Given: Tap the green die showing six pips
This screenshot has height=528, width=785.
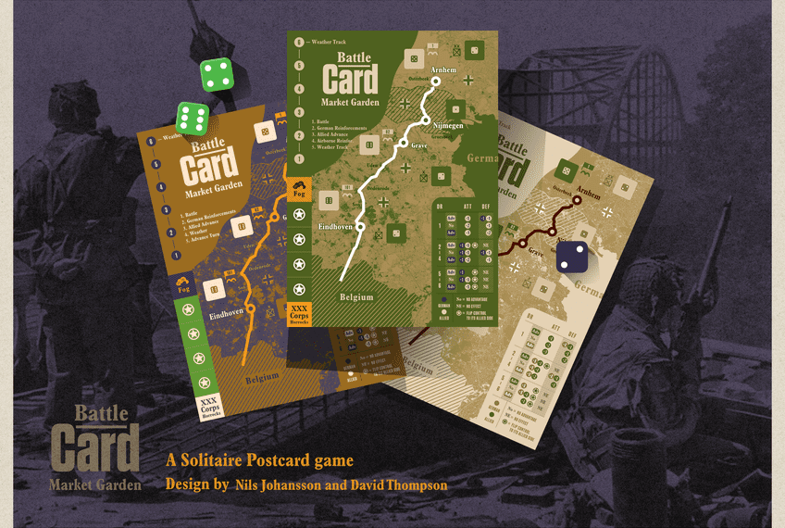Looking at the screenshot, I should (193, 119).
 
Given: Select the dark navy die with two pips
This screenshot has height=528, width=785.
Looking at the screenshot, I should (571, 257).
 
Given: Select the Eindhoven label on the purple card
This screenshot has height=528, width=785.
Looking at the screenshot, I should (227, 315).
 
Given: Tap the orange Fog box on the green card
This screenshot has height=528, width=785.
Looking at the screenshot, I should (299, 190).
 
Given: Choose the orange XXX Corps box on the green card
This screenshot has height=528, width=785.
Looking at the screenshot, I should (299, 312).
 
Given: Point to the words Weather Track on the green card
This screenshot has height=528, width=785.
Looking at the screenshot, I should (334, 42).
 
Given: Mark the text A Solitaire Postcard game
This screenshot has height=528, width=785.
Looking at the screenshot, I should (259, 460).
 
